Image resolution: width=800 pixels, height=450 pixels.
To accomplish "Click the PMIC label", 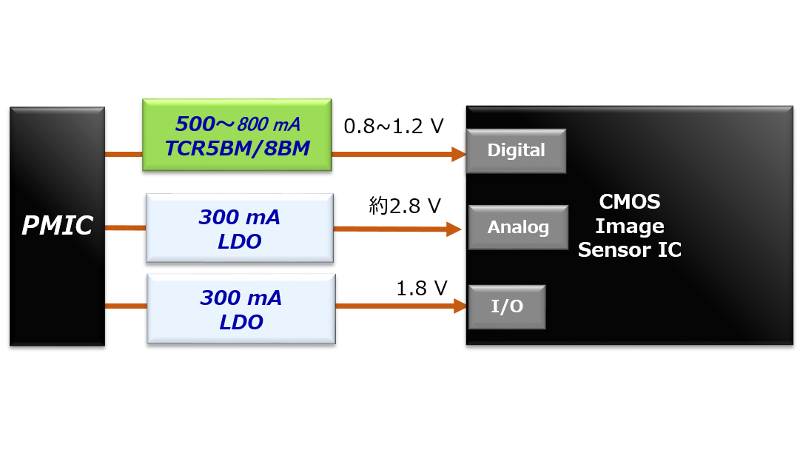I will (57, 226).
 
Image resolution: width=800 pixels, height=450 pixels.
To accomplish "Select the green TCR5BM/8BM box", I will (237, 135).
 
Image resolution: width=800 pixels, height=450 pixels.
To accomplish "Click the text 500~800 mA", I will (237, 124).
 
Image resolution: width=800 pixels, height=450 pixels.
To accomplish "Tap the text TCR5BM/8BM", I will (237, 148).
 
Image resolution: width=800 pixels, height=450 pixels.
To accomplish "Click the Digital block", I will (516, 151).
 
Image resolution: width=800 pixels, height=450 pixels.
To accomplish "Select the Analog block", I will (518, 227).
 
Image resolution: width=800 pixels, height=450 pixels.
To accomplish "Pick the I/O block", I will (507, 306).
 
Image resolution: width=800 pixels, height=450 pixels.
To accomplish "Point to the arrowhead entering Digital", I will (458, 154).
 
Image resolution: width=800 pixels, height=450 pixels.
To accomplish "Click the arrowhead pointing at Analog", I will (454, 229).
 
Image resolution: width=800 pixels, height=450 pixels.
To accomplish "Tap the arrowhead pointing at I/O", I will (460, 306).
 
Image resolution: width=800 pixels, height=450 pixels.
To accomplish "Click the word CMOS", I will (629, 202).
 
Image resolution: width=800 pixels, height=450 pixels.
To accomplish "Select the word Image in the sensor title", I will (629, 226).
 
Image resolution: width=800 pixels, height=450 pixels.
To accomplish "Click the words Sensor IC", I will (629, 250).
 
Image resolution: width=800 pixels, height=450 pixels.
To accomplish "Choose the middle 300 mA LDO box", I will (239, 228).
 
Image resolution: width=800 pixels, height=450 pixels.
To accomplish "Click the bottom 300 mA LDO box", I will (241, 309).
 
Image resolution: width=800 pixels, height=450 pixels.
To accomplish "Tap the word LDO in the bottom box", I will (241, 323).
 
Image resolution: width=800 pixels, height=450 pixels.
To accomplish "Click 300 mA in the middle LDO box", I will (239, 218).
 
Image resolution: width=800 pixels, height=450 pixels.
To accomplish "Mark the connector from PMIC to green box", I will (123, 154).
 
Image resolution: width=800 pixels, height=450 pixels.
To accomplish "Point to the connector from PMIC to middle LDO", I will (125, 228).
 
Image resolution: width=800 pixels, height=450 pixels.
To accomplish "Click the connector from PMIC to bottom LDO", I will (126, 306).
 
